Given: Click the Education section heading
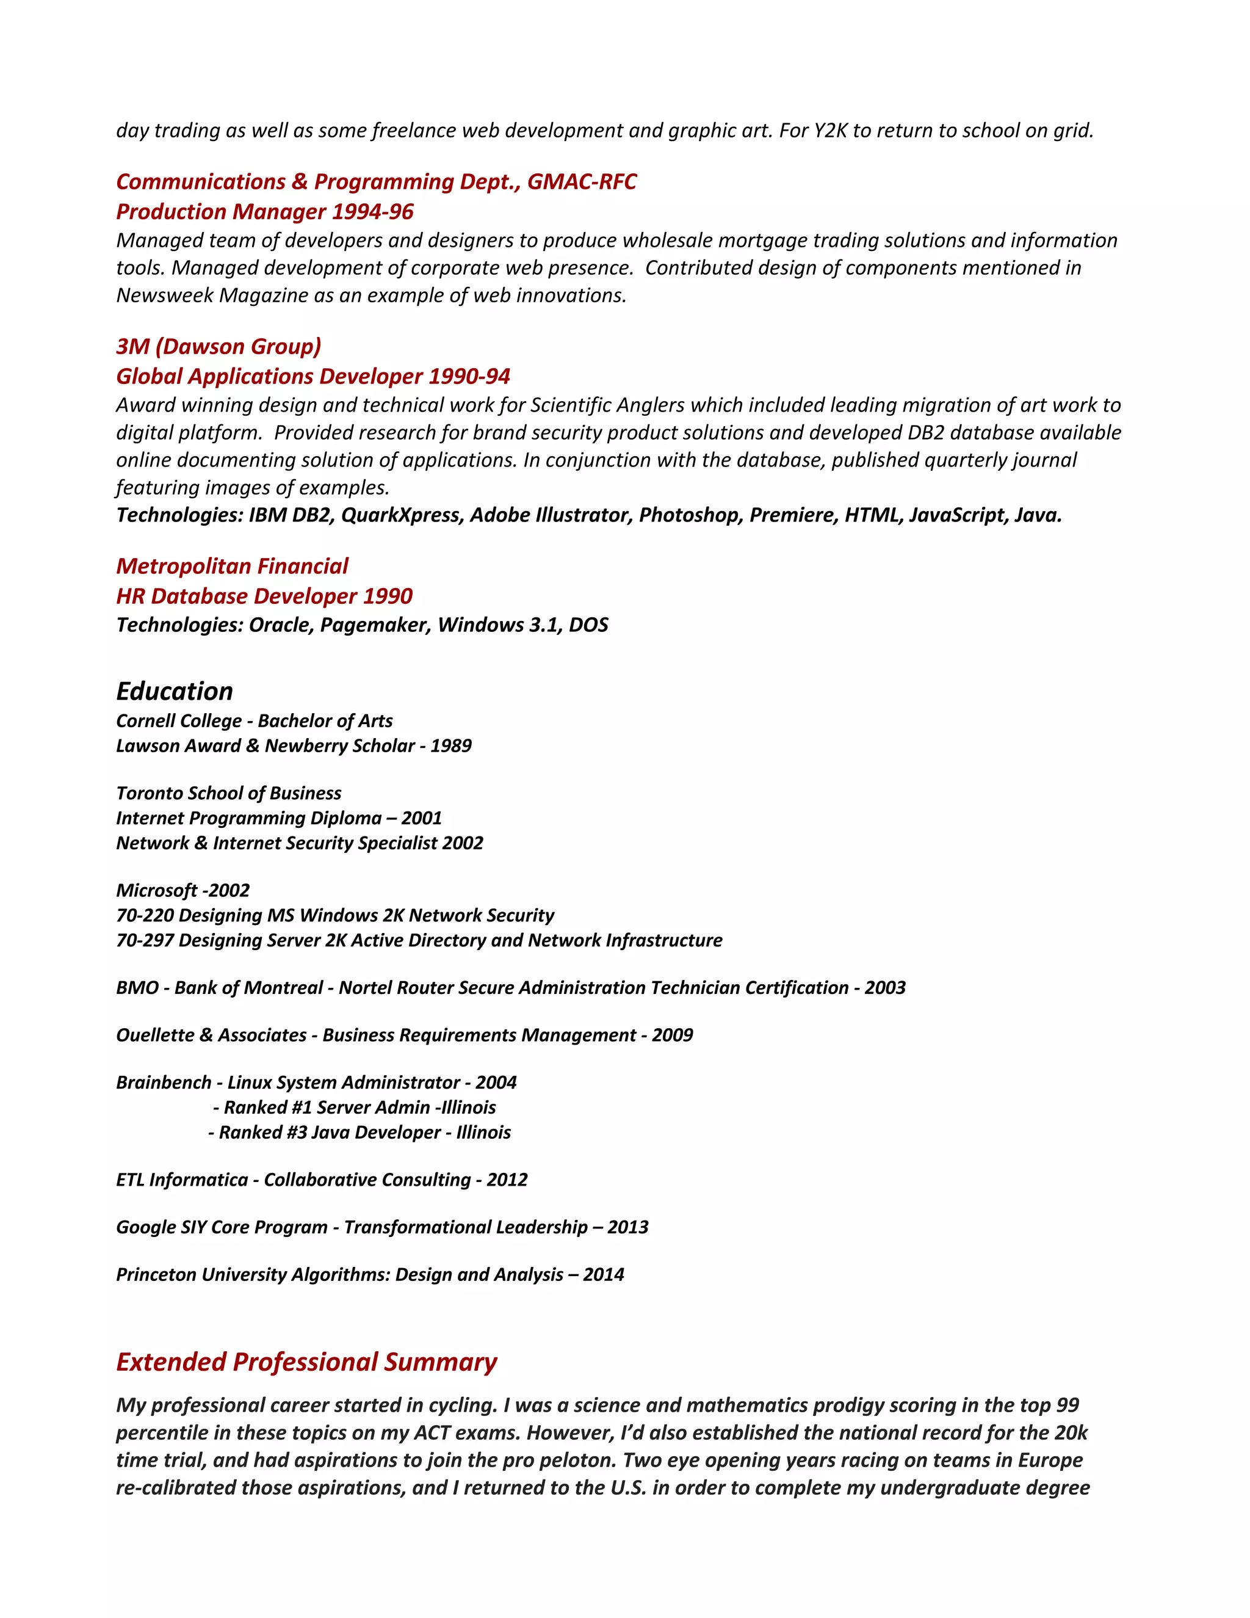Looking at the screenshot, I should pos(174,691).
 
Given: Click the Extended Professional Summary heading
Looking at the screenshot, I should pos(306,1362).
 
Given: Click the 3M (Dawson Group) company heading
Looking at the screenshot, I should pos(219,346).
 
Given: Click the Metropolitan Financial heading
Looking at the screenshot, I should pos(232,566).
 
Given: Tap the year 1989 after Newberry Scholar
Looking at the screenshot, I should pos(451,746).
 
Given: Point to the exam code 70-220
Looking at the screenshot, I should pos(145,915).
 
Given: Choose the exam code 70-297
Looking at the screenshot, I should pos(145,940).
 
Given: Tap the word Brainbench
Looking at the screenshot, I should pos(164,1083).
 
